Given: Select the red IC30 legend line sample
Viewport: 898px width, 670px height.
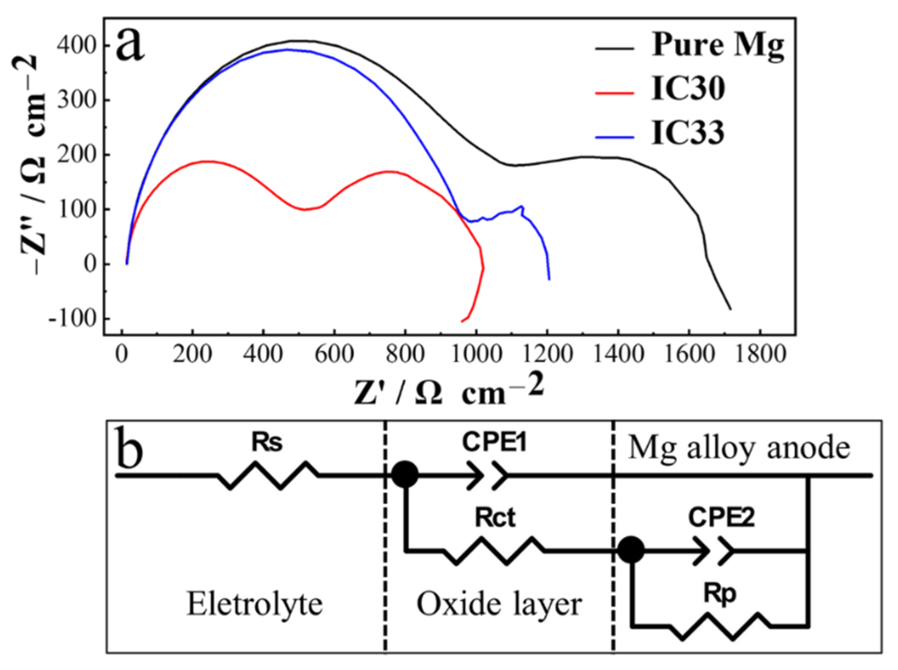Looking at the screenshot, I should coord(615,93).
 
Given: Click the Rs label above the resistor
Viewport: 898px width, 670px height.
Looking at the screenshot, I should coord(267,443).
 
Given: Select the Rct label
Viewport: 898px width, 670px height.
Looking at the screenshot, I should coord(495,518).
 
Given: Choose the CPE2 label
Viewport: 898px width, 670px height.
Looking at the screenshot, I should coord(721,518).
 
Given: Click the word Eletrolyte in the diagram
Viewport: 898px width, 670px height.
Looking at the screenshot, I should coord(255,604).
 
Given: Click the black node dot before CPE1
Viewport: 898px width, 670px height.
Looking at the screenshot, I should coord(405,474).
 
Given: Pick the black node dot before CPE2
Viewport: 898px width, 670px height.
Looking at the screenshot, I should coord(631,551).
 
